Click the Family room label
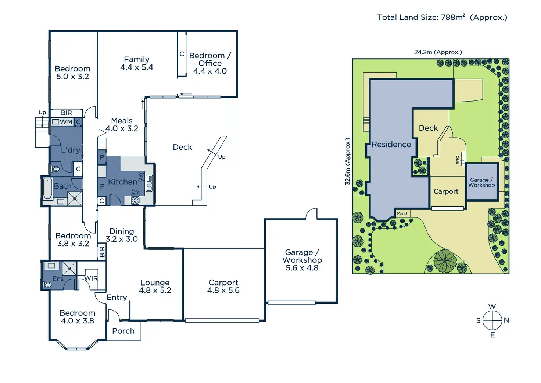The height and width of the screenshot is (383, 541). (136, 63)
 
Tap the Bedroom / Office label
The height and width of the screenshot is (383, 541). (210, 63)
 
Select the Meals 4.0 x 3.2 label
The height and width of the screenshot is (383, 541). (122, 124)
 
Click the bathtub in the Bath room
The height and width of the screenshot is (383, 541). (47, 188)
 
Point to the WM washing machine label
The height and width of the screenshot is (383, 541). (66, 122)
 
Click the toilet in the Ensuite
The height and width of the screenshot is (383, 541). (47, 284)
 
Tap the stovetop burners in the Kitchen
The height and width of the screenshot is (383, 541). (135, 201)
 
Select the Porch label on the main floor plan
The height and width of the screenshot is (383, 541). (123, 331)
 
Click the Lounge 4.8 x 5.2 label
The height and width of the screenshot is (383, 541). (155, 286)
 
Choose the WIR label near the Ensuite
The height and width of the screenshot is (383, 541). (91, 279)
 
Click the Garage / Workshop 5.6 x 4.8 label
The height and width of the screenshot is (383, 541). (302, 260)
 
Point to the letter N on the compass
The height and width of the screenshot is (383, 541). (506, 320)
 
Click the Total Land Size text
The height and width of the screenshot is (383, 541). (442, 17)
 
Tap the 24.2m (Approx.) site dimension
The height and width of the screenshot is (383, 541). (438, 52)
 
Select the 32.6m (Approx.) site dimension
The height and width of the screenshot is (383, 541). (347, 161)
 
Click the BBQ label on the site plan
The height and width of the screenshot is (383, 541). (458, 160)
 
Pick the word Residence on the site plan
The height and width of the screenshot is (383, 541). (391, 145)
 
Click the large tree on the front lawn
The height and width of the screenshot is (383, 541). (445, 260)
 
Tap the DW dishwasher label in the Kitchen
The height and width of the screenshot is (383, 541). (140, 177)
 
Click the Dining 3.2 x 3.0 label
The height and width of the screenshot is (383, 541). (122, 235)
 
